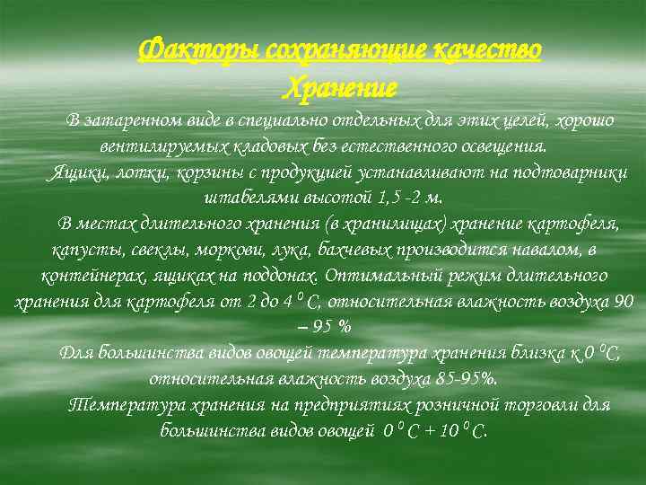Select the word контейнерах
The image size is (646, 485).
[x=89, y=275]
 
